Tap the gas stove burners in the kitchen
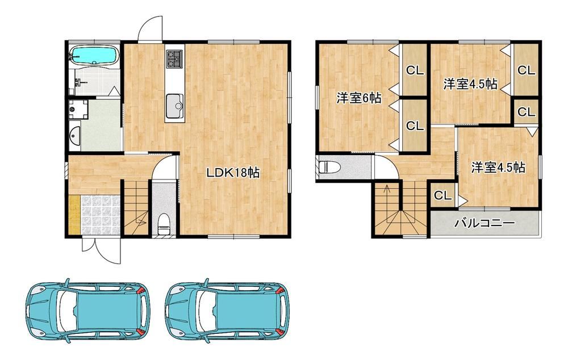(x=174, y=58)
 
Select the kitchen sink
(x=174, y=106)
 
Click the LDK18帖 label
(x=233, y=173)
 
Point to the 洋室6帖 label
(x=359, y=98)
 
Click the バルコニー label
(x=485, y=223)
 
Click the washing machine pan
(x=78, y=110)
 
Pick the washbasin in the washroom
(x=75, y=136)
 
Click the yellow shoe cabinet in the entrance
(x=74, y=215)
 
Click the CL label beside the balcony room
(x=442, y=195)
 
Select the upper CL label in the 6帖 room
(x=415, y=70)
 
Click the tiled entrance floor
(x=100, y=215)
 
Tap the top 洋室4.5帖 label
(x=470, y=85)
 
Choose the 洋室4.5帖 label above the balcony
(x=498, y=168)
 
